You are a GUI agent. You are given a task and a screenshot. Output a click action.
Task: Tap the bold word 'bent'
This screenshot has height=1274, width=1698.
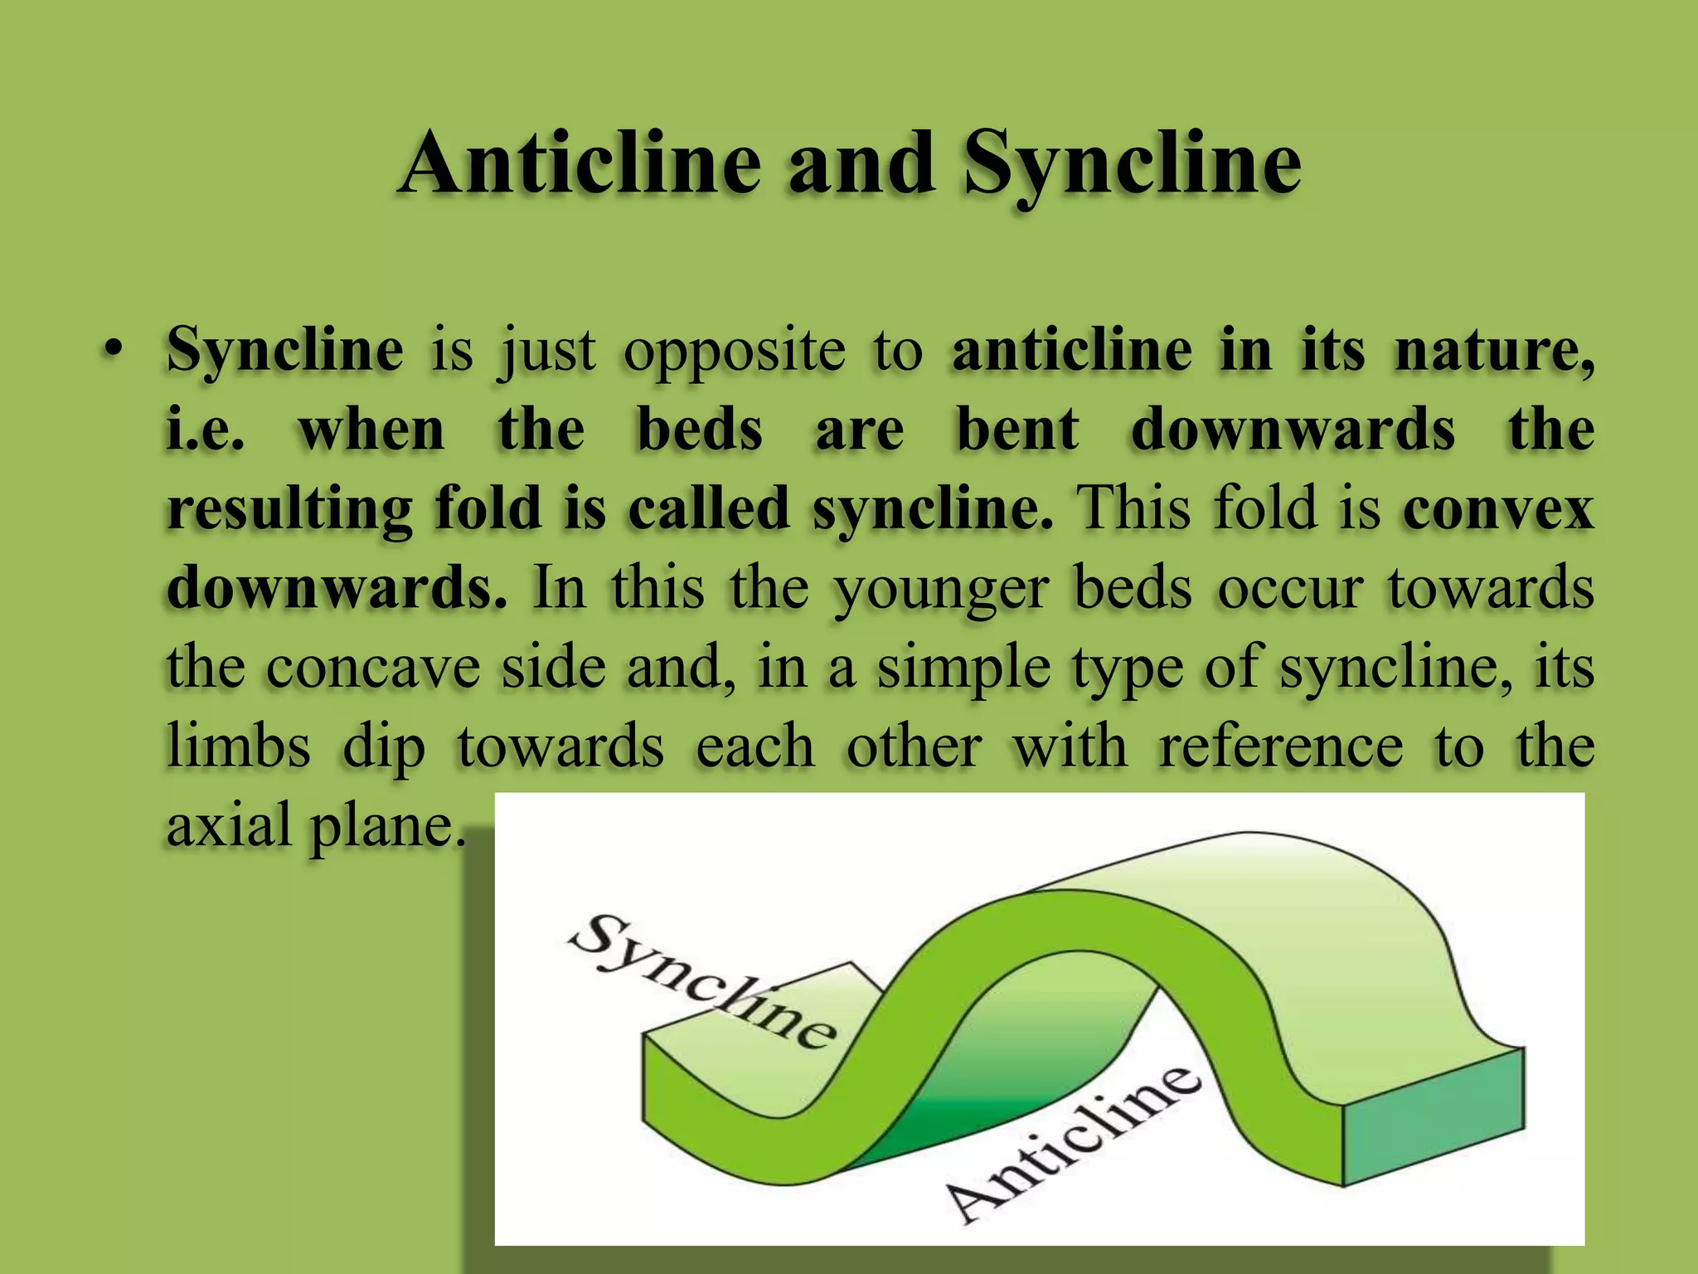[x=1018, y=430]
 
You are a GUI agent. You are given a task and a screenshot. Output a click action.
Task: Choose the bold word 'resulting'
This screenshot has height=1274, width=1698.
[x=289, y=510]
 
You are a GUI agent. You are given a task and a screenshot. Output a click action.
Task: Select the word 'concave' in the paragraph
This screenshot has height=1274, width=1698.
[x=373, y=667]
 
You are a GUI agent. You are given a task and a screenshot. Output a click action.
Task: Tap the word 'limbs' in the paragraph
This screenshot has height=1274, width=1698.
[x=239, y=746]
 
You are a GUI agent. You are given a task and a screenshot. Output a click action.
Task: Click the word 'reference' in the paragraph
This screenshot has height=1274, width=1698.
[x=1281, y=745]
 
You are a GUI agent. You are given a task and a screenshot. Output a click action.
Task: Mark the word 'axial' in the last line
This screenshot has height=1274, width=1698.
[x=229, y=826]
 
